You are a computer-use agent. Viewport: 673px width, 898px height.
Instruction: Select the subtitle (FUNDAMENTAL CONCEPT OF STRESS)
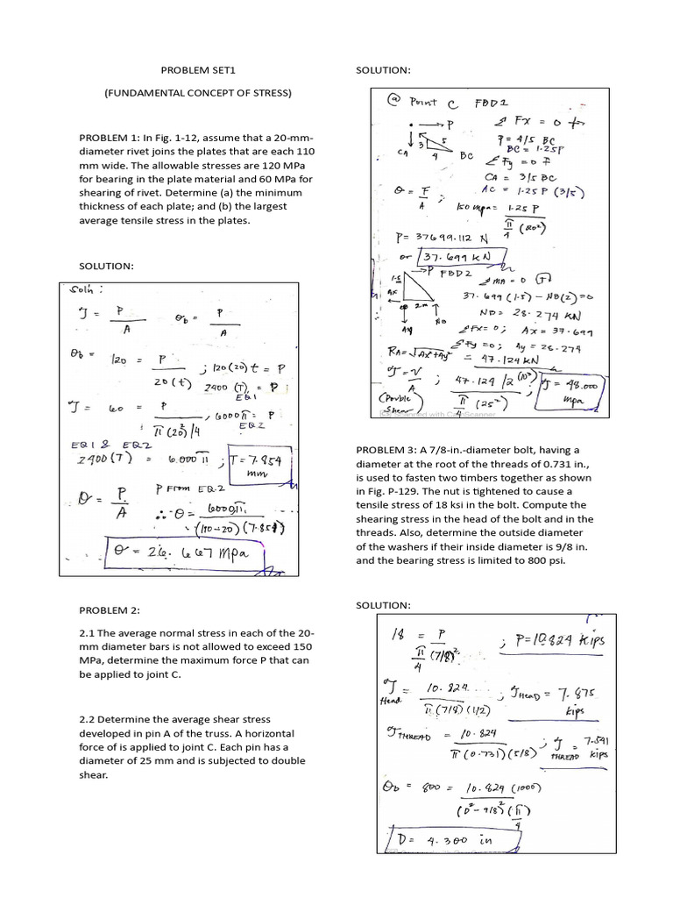[197, 93]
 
